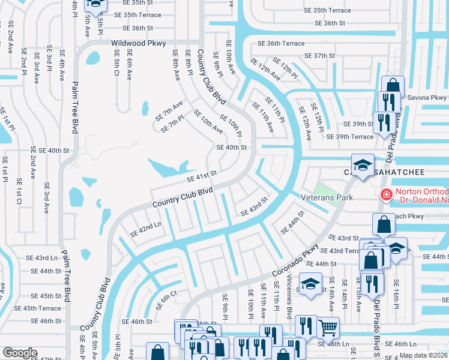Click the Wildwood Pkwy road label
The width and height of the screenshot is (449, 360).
pyautogui.click(x=139, y=43)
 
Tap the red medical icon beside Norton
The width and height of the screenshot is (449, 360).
pyautogui.click(x=385, y=194)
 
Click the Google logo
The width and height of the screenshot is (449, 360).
pyautogui.click(x=20, y=353)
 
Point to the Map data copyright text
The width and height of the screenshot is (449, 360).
pyautogui.click(x=423, y=355)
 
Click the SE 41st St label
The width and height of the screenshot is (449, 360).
pyautogui.click(x=201, y=175)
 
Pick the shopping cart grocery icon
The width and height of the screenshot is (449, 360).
pyautogui.click(x=328, y=328)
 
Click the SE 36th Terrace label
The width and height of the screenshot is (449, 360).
pyautogui.click(x=281, y=43)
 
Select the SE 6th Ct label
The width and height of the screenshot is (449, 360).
pyautogui.click(x=166, y=300)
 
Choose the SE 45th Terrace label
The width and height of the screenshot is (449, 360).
pyautogui.click(x=37, y=308)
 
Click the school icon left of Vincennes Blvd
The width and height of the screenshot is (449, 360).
pyautogui.click(x=310, y=283)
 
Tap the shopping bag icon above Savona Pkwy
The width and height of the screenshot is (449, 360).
pyautogui.click(x=393, y=86)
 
